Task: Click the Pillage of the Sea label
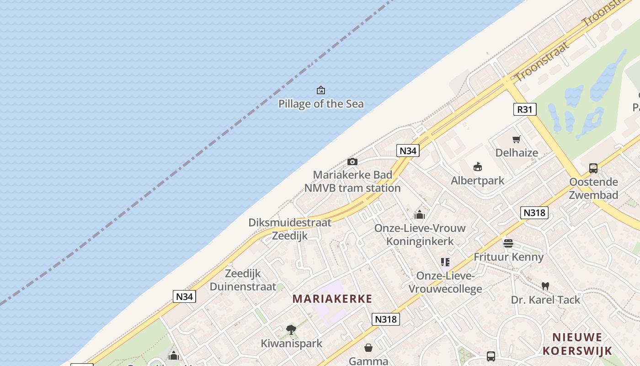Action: pyautogui.click(x=321, y=104)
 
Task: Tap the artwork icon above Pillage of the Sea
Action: pyautogui.click(x=321, y=90)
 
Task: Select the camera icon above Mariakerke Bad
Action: pyautogui.click(x=352, y=161)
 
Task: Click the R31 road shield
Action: pyautogui.click(x=524, y=109)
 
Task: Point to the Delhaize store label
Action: pyautogui.click(x=517, y=152)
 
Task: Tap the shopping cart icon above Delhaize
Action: pyautogui.click(x=517, y=139)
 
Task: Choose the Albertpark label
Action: pyautogui.click(x=478, y=180)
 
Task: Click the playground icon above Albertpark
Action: pyautogui.click(x=478, y=167)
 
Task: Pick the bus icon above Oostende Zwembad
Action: pyautogui.click(x=593, y=168)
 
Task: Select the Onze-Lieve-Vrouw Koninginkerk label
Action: pyautogui.click(x=420, y=234)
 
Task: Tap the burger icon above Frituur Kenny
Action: pyautogui.click(x=508, y=243)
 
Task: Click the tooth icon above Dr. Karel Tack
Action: pyautogui.click(x=545, y=286)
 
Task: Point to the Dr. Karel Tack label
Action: pyautogui.click(x=545, y=300)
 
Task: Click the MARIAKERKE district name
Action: pyautogui.click(x=332, y=299)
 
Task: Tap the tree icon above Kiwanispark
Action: pyautogui.click(x=291, y=329)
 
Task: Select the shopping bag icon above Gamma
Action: pyautogui.click(x=368, y=348)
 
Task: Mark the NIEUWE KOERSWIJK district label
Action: pyautogui.click(x=577, y=344)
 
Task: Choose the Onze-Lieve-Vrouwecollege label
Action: pyautogui.click(x=445, y=282)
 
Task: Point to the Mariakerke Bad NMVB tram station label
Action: pyautogui.click(x=352, y=181)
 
